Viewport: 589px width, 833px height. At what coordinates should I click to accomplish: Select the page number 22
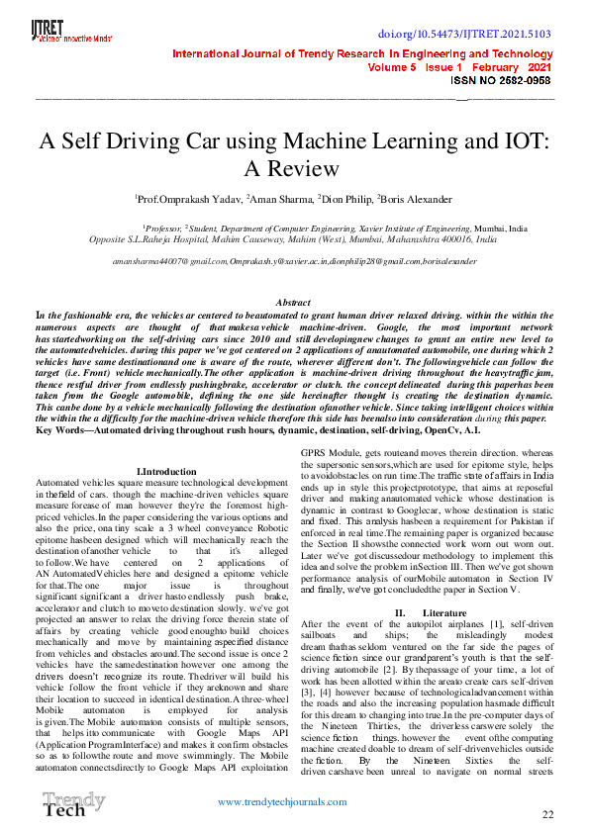547,814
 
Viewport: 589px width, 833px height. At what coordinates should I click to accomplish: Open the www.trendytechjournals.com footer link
294,800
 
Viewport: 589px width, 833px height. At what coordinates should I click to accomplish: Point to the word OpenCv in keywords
431,429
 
